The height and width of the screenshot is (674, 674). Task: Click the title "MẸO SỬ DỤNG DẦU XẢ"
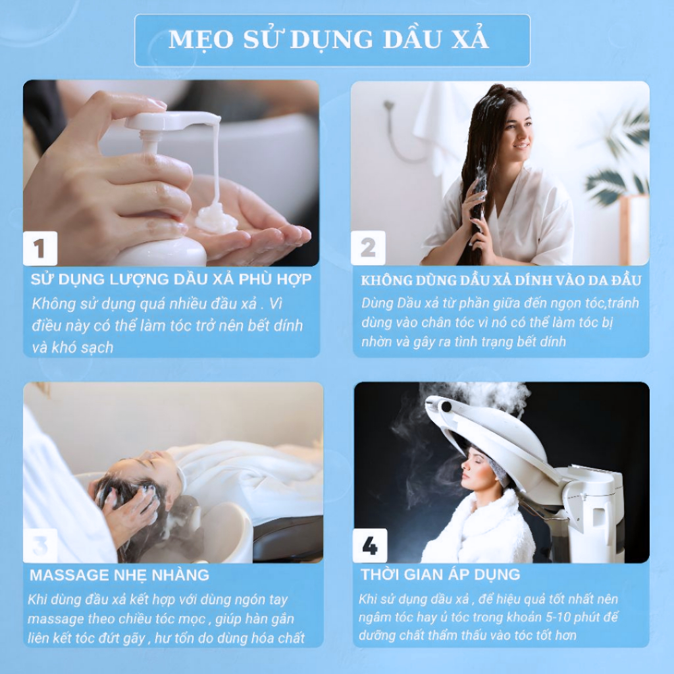click(328, 39)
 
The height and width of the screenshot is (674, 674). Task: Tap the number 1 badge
click(39, 248)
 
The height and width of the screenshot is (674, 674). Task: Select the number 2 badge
click(368, 248)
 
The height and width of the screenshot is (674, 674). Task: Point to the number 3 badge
click(40, 546)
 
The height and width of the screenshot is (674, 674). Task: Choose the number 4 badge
click(370, 546)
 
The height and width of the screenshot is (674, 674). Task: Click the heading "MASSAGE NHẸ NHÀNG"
click(120, 575)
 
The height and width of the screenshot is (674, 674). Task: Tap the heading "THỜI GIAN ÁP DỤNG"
click(440, 574)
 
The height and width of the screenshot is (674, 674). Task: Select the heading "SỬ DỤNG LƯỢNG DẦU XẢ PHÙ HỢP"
click(171, 279)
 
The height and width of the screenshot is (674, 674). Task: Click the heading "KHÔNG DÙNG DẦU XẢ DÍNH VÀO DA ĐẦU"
click(501, 280)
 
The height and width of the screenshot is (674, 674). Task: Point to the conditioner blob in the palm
click(216, 219)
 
